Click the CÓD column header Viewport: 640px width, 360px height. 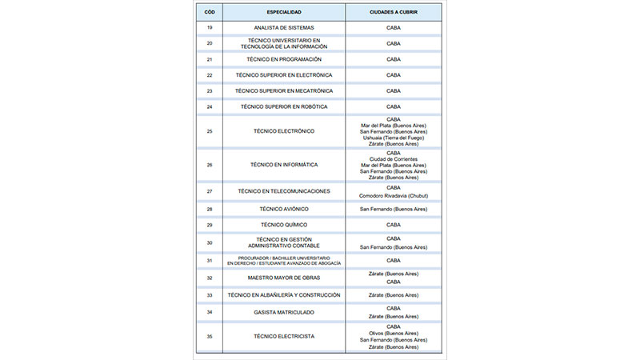coord(210,12)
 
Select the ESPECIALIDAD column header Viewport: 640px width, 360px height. coord(284,12)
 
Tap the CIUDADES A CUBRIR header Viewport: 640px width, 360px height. coord(393,12)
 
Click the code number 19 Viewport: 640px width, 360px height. coord(210,28)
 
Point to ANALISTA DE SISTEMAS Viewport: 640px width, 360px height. coord(284,28)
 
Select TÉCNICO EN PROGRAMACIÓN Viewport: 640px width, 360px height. coord(284,59)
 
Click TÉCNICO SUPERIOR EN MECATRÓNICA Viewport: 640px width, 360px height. coord(284,90)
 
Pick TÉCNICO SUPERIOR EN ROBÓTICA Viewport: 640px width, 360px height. coord(284,106)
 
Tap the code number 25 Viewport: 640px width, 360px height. coord(210,131)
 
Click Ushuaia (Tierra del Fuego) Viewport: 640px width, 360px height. coord(393,138)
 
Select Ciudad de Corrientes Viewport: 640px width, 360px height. coord(393,158)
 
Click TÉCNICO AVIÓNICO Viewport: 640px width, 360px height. coord(284,209)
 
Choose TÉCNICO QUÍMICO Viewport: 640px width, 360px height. coord(284,225)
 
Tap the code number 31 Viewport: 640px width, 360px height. coord(210,260)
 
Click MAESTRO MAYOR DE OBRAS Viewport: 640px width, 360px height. coord(284,278)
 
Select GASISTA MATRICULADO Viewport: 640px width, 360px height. coord(284,312)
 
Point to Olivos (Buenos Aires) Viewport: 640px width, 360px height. coord(393,333)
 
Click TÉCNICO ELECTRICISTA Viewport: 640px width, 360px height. coord(284,337)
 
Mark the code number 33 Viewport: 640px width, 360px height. coord(210,295)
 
